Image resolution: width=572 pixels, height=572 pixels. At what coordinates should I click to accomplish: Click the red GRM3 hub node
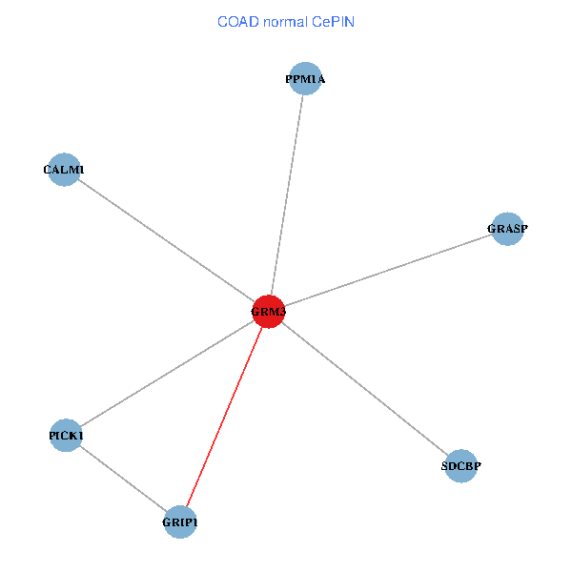coord(269,312)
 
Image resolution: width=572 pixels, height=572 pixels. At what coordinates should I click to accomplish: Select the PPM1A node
coord(305,78)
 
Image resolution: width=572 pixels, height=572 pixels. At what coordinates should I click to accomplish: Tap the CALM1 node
coord(64,170)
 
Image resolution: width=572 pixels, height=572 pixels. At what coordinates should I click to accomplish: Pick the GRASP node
coord(507,229)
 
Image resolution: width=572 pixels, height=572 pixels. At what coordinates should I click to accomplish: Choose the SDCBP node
coord(461,466)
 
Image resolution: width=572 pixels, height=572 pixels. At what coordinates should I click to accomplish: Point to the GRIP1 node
coord(180,521)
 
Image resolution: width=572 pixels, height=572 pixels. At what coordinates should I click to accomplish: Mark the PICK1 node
coord(66,436)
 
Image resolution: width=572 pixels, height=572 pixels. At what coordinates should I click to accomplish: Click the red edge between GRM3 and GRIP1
coord(224,417)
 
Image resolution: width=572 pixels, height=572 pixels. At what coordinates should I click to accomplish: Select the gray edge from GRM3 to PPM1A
coord(287,194)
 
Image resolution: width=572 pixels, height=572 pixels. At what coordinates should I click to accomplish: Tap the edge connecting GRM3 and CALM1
coord(166,241)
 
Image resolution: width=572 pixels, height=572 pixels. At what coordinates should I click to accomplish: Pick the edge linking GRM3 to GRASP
coord(388,270)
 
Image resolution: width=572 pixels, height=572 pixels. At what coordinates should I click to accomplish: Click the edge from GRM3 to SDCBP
coord(365,389)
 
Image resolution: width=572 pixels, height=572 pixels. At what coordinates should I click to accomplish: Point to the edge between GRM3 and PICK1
coord(168,374)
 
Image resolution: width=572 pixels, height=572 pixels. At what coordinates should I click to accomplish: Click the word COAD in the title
coord(238,22)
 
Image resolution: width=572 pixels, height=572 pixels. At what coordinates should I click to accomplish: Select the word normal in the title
coord(286,22)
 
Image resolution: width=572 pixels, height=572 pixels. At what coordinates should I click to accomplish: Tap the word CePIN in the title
coord(333,22)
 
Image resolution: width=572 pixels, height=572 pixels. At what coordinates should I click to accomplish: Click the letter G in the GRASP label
coord(491,229)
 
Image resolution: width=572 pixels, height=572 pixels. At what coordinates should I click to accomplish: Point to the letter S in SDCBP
coord(444,466)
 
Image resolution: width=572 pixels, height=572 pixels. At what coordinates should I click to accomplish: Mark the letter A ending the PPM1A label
coord(320,79)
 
